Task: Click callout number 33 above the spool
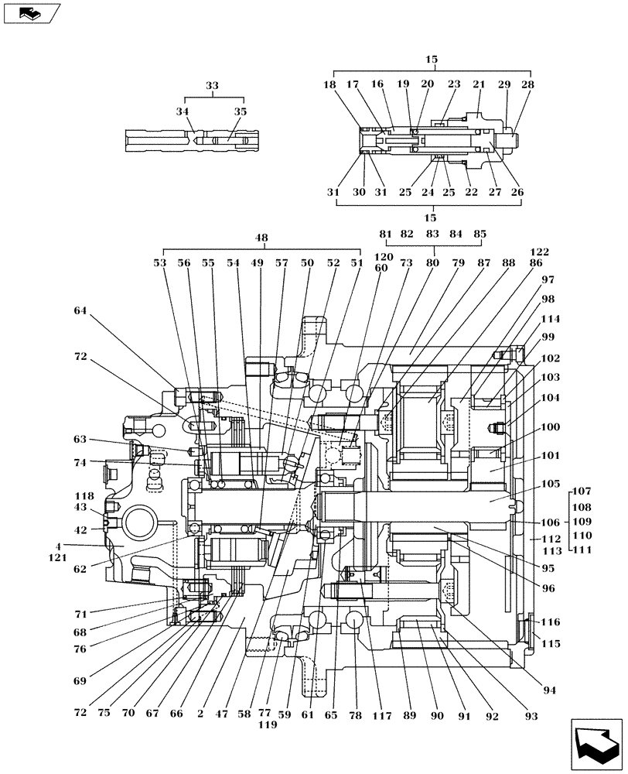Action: point(212,87)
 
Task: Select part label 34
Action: point(183,112)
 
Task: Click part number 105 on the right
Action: point(552,483)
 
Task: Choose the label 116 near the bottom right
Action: point(551,622)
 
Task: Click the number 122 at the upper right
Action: point(540,252)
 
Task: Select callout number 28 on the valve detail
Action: point(527,84)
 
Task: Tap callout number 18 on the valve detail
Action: point(331,84)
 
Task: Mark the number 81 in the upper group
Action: point(386,234)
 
